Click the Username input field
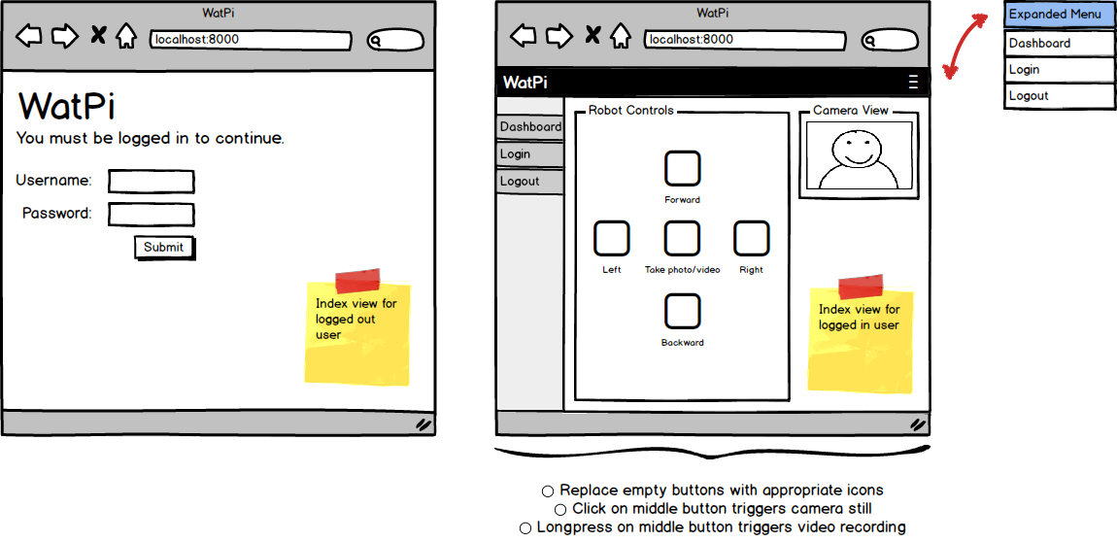pyautogui.click(x=151, y=182)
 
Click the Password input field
pyautogui.click(x=151, y=214)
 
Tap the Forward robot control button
pyautogui.click(x=682, y=168)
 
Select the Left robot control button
pyautogui.click(x=611, y=238)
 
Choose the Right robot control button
pyautogui.click(x=751, y=238)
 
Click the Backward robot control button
pyautogui.click(x=682, y=311)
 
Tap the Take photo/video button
pyautogui.click(x=682, y=238)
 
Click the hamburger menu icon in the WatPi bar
pyautogui.click(x=913, y=82)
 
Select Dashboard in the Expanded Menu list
pyautogui.click(x=1059, y=44)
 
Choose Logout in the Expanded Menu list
pyautogui.click(x=1059, y=96)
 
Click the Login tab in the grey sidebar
pyautogui.click(x=529, y=154)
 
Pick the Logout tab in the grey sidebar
pyautogui.click(x=529, y=182)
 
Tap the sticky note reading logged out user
pyautogui.click(x=357, y=332)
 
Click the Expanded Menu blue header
pyautogui.click(x=1059, y=15)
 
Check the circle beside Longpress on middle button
pyautogui.click(x=525, y=527)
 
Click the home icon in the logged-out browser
pyautogui.click(x=125, y=37)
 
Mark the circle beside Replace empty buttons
pyautogui.click(x=548, y=491)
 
